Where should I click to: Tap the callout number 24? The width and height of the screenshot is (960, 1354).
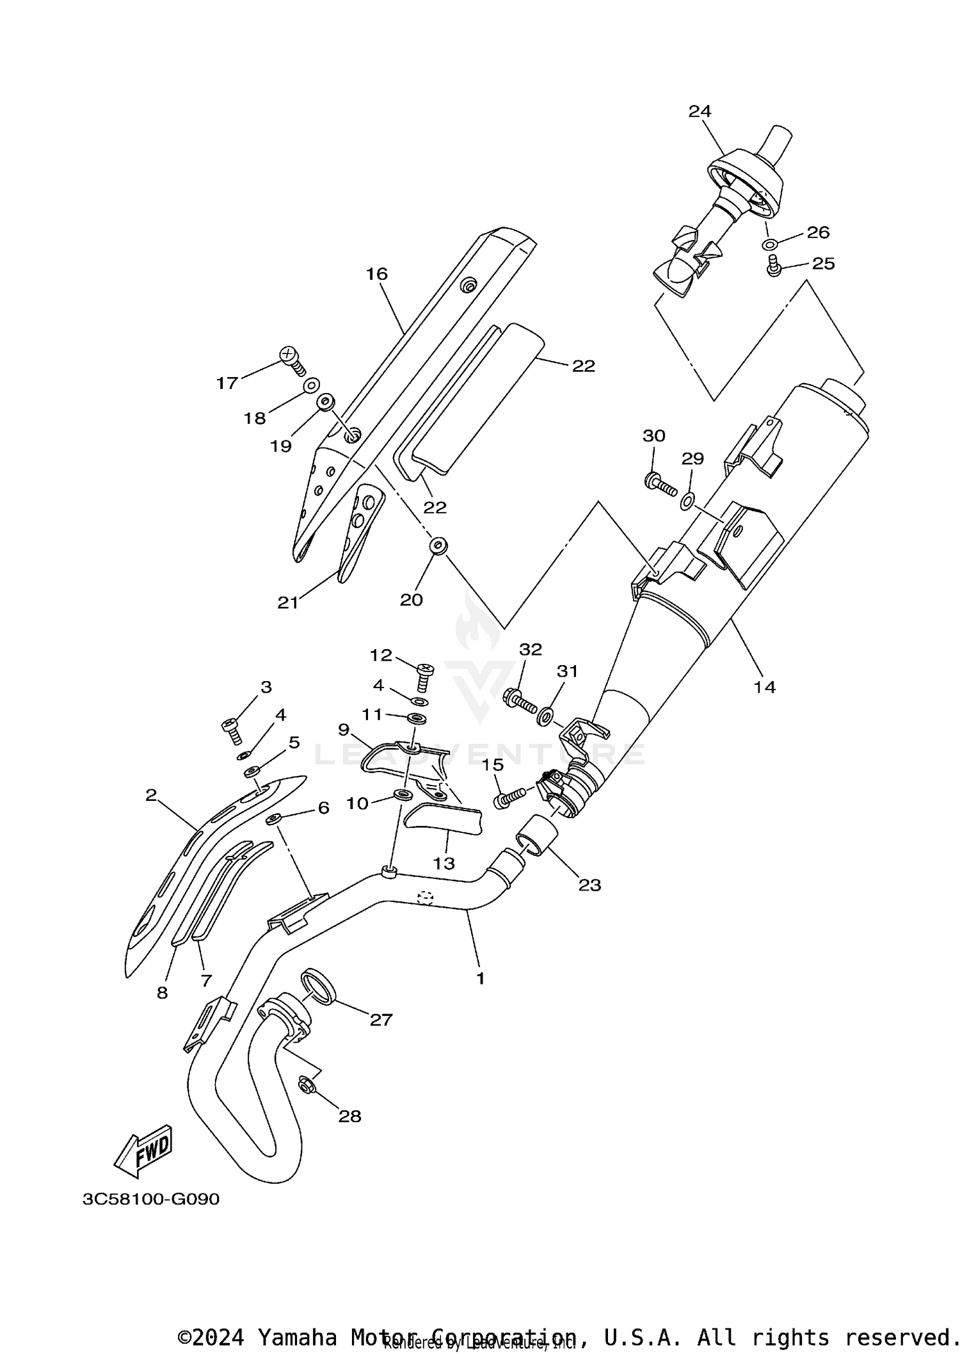[700, 111]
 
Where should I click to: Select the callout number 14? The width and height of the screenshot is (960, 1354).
[765, 687]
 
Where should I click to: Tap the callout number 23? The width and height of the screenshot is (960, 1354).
[589, 885]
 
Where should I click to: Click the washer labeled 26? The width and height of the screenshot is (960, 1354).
[770, 244]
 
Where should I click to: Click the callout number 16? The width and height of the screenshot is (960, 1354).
[377, 274]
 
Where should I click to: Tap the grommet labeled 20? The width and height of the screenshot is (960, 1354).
[438, 546]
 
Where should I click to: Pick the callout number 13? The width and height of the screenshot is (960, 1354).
[444, 863]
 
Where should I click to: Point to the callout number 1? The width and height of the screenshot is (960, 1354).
[480, 978]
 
